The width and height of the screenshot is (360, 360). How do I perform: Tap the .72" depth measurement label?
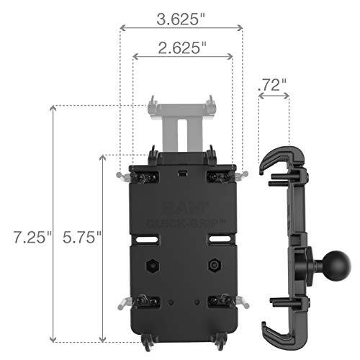point(273,84)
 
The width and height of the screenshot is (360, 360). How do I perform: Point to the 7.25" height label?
point(27,236)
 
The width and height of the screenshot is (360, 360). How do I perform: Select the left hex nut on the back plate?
point(152,266)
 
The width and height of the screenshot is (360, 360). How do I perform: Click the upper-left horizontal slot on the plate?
point(153,232)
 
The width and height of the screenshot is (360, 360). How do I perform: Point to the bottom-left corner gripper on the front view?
point(148,303)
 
